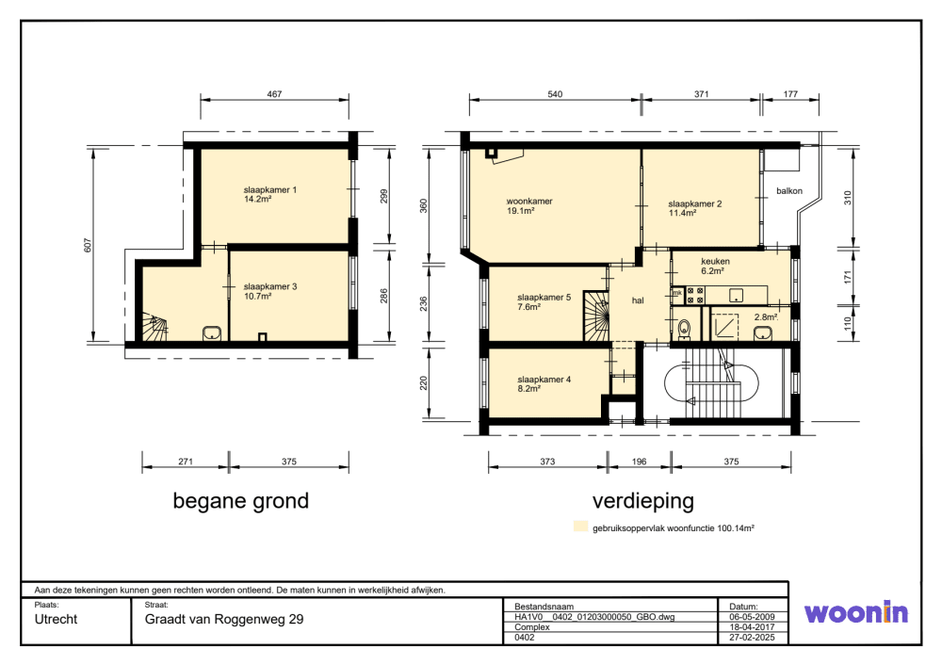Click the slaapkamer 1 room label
pyautogui.click(x=270, y=190)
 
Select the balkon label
pyautogui.click(x=789, y=191)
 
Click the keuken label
pyautogui.click(x=715, y=261)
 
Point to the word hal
pyautogui.click(x=638, y=300)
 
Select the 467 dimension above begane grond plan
pyautogui.click(x=274, y=94)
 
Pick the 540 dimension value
pyautogui.click(x=555, y=94)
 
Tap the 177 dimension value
pyautogui.click(x=789, y=94)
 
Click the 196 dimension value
pyautogui.click(x=638, y=462)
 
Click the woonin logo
pyautogui.click(x=855, y=613)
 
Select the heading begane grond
pyautogui.click(x=240, y=501)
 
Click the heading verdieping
pyautogui.click(x=642, y=501)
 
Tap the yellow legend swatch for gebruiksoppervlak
pyautogui.click(x=580, y=527)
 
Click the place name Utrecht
pyautogui.click(x=56, y=620)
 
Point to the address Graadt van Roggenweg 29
pyautogui.click(x=224, y=620)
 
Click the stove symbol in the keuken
pyautogui.click(x=696, y=296)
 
